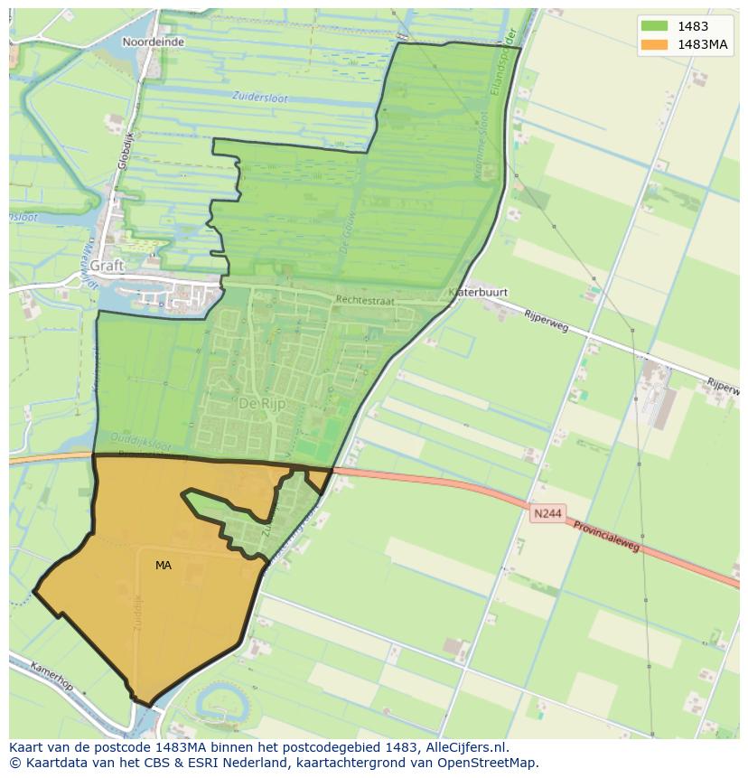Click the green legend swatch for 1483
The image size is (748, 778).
pyautogui.click(x=654, y=27)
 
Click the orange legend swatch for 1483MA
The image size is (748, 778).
pyautogui.click(x=654, y=45)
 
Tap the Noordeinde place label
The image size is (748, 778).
pyautogui.click(x=154, y=42)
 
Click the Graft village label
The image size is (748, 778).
pyautogui.click(x=107, y=266)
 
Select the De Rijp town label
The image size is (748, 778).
pyautogui.click(x=262, y=403)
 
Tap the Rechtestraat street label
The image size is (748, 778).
pyautogui.click(x=365, y=300)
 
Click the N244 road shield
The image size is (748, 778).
pyautogui.click(x=547, y=513)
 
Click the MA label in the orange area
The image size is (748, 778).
pyautogui.click(x=163, y=566)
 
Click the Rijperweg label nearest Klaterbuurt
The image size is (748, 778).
pyautogui.click(x=546, y=319)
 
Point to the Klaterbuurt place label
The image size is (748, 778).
pyautogui.click(x=478, y=293)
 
